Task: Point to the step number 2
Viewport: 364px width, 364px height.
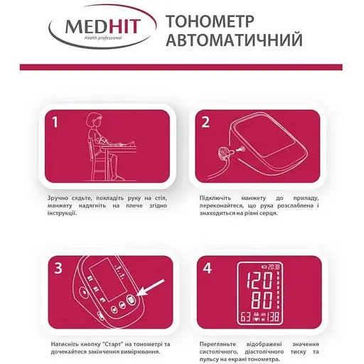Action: pos(205,122)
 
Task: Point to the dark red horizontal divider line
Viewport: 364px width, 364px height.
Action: pos(182,66)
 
